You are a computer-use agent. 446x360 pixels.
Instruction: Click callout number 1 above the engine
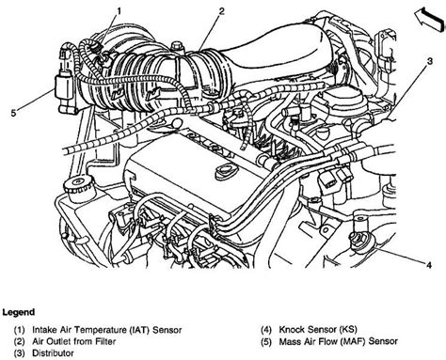(x=119, y=11)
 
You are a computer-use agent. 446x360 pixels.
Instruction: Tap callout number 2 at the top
(x=222, y=11)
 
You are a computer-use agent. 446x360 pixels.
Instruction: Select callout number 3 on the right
(x=430, y=61)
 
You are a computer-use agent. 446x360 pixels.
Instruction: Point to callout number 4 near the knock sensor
(x=429, y=265)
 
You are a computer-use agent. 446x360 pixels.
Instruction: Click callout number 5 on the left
(x=13, y=113)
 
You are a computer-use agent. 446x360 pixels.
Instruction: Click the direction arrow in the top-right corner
(x=430, y=19)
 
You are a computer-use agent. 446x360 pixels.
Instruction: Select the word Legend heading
(x=18, y=312)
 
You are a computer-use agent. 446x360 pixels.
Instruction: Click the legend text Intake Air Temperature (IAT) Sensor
(x=107, y=330)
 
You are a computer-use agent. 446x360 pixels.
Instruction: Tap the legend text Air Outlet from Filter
(x=74, y=341)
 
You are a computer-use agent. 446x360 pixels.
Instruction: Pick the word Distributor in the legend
(x=53, y=353)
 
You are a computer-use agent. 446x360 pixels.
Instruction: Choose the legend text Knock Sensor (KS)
(x=318, y=330)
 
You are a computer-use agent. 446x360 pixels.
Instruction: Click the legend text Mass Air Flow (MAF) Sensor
(x=339, y=341)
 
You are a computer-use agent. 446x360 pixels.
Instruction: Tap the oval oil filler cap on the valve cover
(x=225, y=171)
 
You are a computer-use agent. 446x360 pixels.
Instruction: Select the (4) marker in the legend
(x=266, y=330)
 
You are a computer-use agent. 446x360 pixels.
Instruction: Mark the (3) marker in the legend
(x=19, y=353)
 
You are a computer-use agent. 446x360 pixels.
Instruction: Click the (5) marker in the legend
(x=266, y=341)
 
